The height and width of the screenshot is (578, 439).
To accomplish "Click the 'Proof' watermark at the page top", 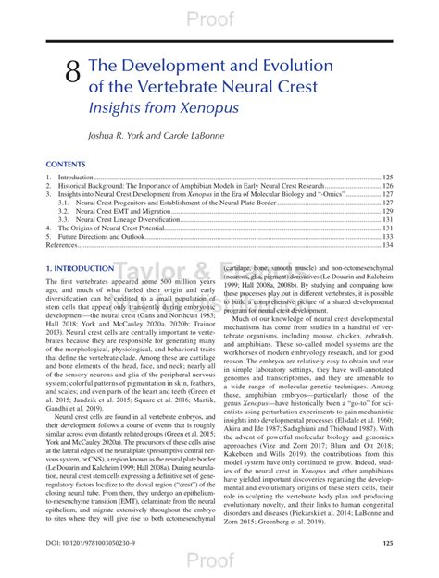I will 220,18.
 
